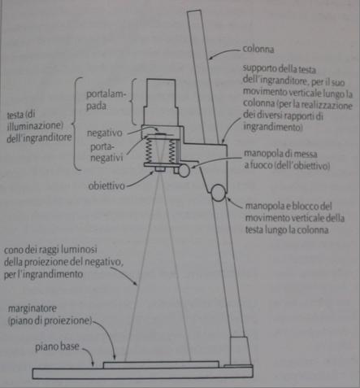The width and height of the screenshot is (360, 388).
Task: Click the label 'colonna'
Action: point(258,49)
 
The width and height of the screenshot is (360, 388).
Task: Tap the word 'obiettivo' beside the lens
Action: point(106,185)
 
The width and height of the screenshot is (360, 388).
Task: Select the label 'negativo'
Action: point(105,133)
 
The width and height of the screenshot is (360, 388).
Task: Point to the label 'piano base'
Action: point(57,347)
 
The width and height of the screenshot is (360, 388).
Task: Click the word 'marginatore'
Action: point(33,308)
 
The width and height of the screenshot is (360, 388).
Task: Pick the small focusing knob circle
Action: point(184,171)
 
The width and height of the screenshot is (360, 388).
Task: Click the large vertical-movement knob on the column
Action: point(219,193)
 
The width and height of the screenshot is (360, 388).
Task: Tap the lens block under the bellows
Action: point(160,169)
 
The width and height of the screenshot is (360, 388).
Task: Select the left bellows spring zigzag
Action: point(149,151)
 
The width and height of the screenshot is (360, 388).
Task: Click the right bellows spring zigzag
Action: point(172,151)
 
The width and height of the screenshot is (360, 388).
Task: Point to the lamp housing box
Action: point(161,102)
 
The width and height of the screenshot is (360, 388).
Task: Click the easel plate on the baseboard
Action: point(161,364)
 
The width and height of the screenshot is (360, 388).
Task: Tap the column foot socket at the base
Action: point(239,351)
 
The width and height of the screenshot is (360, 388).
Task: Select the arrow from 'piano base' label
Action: point(89,356)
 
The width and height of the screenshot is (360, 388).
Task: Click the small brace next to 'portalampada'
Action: point(133,102)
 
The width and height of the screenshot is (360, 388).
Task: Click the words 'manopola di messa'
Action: point(280,154)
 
